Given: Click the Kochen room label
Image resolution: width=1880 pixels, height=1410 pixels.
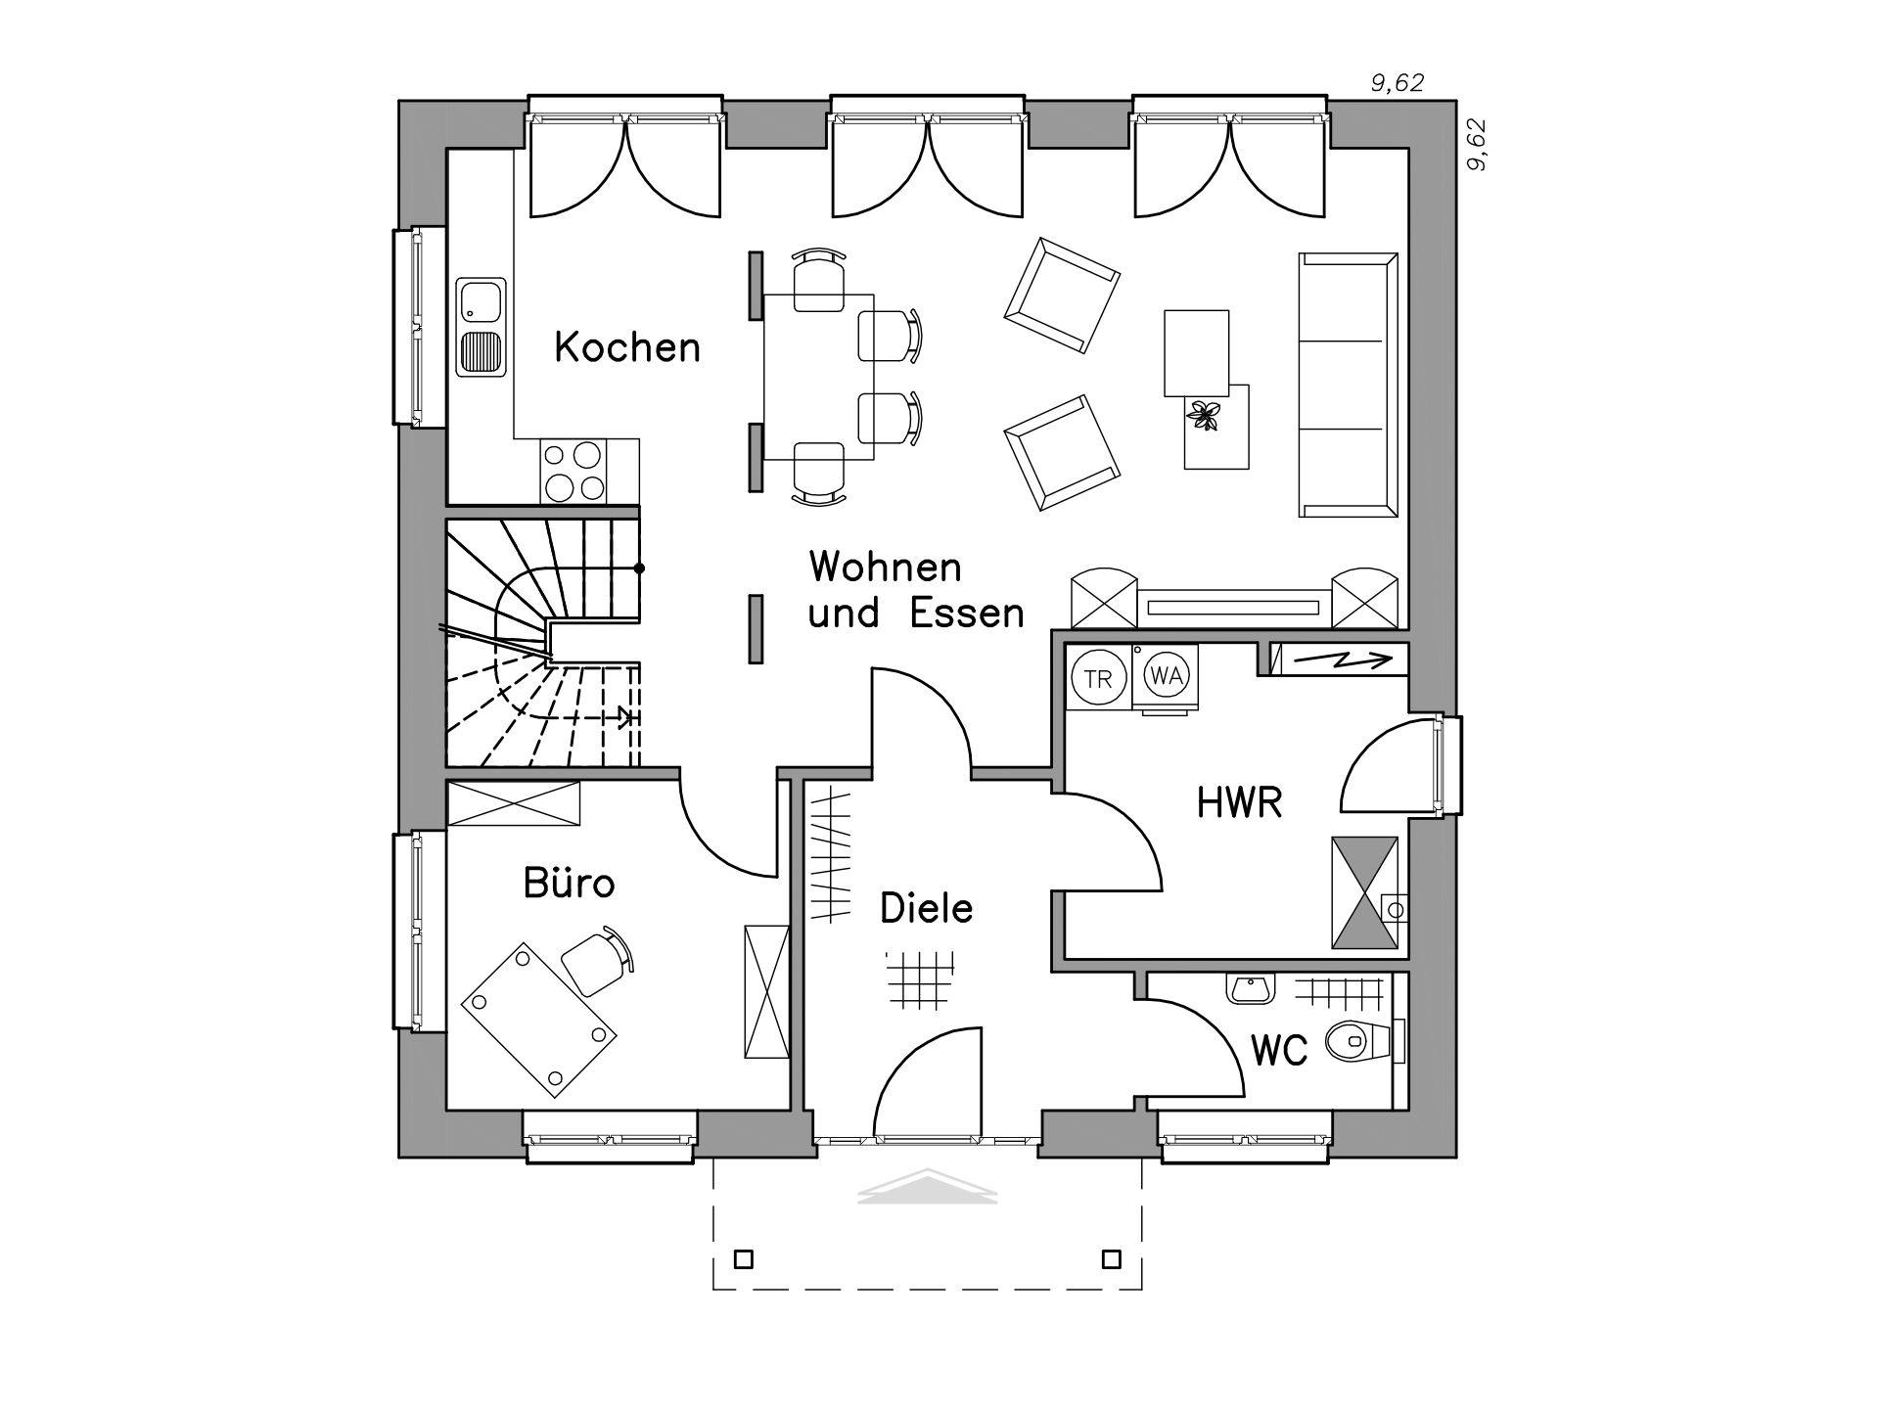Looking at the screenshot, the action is point(627,347).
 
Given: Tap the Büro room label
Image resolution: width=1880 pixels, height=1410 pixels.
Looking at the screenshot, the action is point(569,883).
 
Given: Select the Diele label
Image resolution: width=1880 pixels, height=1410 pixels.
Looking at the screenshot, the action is point(927,908).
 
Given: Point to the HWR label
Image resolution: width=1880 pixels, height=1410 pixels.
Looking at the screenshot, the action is point(1239,802).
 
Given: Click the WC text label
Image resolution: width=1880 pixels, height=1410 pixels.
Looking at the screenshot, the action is point(1280,1051).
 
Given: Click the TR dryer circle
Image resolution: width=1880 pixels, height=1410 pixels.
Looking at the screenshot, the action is point(1098,678).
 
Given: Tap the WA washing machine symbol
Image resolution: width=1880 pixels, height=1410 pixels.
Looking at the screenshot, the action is point(1165,676).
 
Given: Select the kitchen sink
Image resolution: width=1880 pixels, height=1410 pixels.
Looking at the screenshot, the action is point(480,328).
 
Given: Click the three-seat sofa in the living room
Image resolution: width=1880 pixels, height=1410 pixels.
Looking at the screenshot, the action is point(1348,384).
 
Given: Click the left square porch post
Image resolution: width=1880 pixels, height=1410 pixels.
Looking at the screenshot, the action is point(745,1258).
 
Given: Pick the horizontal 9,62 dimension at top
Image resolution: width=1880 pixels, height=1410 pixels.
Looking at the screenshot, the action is point(1397,84).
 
